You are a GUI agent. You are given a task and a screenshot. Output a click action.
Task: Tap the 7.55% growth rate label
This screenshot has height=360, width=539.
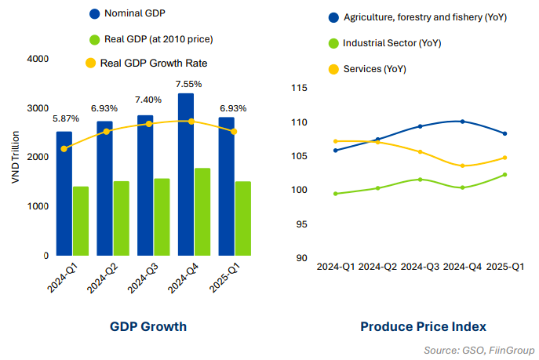pyautogui.click(x=188, y=84)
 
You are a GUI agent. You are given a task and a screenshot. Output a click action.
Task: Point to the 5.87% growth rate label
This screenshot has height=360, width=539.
pyautogui.click(x=66, y=119)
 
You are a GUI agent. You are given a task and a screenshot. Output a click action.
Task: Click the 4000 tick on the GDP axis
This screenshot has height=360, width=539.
pyautogui.click(x=38, y=59)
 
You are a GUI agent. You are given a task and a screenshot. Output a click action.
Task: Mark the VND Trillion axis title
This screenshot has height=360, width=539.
pyautogui.click(x=16, y=157)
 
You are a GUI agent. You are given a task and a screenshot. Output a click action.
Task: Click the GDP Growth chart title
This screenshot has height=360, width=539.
pyautogui.click(x=148, y=326)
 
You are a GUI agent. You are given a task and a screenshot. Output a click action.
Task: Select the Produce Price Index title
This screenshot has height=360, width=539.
pyautogui.click(x=423, y=326)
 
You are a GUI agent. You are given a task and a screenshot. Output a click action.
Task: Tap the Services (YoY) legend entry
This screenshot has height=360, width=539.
pyautogui.click(x=374, y=69)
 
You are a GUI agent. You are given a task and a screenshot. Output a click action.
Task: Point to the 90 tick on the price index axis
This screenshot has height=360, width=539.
pyautogui.click(x=300, y=258)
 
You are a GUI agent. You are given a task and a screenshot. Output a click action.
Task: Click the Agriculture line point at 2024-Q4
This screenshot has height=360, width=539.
pyautogui.click(x=463, y=122)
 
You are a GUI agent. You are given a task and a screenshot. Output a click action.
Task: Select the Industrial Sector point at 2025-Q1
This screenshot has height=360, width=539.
pyautogui.click(x=504, y=174)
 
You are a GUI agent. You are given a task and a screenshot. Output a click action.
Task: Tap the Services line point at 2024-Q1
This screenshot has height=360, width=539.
pyautogui.click(x=336, y=141)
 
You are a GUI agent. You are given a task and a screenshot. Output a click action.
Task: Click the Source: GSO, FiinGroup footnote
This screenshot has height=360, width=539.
pyautogui.click(x=479, y=349)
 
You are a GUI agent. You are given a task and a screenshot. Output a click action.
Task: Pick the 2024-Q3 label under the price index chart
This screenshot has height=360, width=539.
pyautogui.click(x=421, y=267)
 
